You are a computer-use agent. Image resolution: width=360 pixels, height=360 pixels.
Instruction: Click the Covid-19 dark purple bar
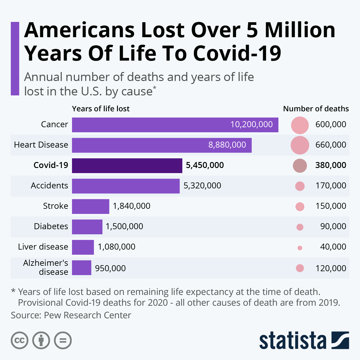(x=127, y=166)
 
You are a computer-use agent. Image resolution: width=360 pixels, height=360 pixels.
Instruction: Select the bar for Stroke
(x=91, y=206)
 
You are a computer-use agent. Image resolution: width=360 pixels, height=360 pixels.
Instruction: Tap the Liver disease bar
(x=83, y=247)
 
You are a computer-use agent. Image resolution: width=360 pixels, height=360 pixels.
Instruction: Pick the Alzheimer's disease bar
(x=82, y=268)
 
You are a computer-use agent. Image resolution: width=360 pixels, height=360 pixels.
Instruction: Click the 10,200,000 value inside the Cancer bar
(x=251, y=124)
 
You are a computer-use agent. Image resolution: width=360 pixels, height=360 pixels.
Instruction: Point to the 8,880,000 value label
(x=227, y=145)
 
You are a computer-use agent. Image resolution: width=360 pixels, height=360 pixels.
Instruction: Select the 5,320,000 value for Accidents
(x=202, y=186)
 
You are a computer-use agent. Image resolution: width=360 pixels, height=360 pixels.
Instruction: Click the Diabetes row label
(x=51, y=226)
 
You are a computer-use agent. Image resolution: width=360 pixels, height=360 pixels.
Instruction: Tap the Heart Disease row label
(x=41, y=145)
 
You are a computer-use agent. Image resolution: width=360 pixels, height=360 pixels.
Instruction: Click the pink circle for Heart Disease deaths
(x=300, y=145)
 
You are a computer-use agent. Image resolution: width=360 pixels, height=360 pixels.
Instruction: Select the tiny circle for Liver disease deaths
(x=300, y=248)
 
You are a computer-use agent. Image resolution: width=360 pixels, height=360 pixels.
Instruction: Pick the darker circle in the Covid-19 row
(x=300, y=166)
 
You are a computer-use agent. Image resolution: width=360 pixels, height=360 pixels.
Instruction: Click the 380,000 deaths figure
(x=331, y=165)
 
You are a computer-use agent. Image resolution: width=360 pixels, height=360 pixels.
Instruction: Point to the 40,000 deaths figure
(x=333, y=247)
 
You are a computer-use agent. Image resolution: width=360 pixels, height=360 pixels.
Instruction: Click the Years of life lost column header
(x=101, y=109)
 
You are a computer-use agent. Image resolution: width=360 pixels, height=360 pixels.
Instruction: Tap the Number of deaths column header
(x=316, y=109)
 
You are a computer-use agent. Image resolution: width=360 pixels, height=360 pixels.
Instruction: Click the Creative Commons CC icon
(x=19, y=340)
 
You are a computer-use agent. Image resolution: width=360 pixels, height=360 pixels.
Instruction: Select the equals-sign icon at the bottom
(x=63, y=340)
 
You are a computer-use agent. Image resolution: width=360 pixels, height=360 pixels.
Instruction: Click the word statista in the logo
(x=293, y=341)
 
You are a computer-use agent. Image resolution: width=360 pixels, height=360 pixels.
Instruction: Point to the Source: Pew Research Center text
(x=71, y=315)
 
